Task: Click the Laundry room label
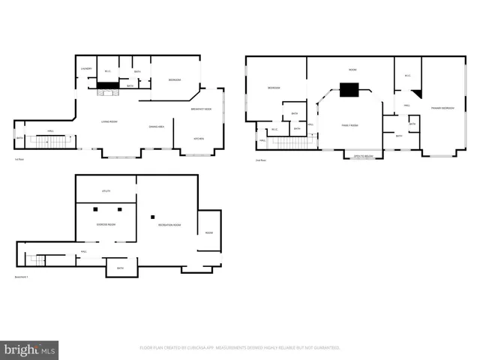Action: coord(86,70)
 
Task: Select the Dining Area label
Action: coord(157,127)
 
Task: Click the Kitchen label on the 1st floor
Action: coord(199,139)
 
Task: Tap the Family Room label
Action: coord(350,125)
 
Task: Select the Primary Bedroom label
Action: coord(442,109)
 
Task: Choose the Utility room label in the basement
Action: coord(106,191)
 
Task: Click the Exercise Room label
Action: coord(106,224)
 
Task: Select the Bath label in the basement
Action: coord(119,267)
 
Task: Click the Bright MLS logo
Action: coord(30,349)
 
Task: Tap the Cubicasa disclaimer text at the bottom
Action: coord(240,348)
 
